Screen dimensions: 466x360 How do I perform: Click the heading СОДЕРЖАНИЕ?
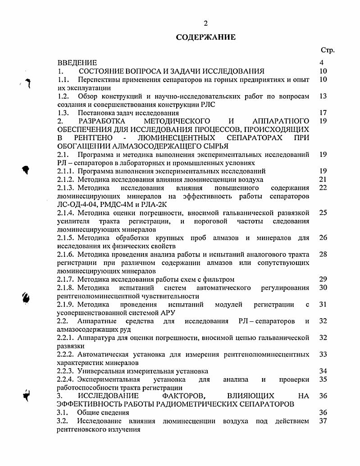[205, 37]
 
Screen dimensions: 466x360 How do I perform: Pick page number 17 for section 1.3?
[323, 113]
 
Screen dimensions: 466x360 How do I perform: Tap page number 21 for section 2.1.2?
[323, 179]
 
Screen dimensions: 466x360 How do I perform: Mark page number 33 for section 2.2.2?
[323, 354]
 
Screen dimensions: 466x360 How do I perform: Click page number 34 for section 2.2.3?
[323, 371]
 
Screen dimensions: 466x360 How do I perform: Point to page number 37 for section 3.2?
[323, 421]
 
